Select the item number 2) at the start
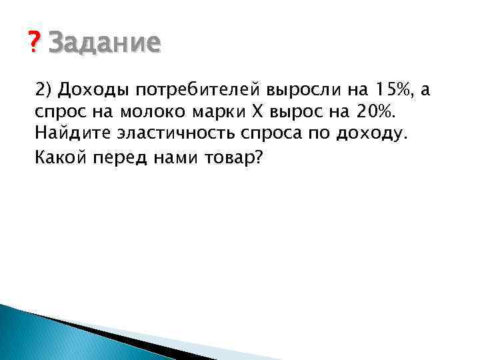pyautogui.click(x=45, y=89)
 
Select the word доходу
pyautogui.click(x=369, y=134)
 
